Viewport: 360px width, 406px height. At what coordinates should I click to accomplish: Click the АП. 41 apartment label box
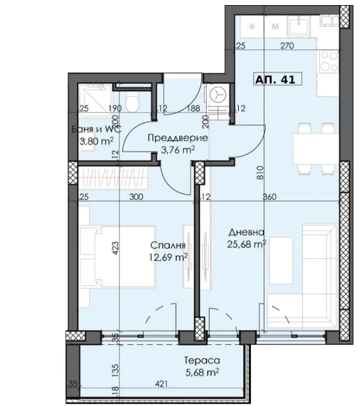[x=277, y=79]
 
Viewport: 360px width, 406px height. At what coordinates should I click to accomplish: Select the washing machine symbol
[x=218, y=95]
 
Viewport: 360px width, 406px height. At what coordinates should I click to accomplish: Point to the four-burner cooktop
[x=329, y=62]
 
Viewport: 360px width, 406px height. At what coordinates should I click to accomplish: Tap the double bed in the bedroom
[x=117, y=256]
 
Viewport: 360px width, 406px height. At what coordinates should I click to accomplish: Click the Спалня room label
[x=168, y=245]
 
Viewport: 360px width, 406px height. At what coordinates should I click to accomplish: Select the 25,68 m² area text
[x=246, y=244]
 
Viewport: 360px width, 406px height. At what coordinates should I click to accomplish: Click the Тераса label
[x=202, y=360]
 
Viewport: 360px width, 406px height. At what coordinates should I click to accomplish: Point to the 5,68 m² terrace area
[x=202, y=373]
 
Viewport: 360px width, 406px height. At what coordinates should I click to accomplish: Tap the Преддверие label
[x=178, y=137]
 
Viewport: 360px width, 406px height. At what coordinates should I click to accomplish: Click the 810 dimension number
[x=261, y=172]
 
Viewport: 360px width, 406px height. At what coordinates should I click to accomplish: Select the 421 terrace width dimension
[x=161, y=384]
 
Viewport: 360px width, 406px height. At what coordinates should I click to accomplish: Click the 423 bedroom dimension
[x=116, y=248]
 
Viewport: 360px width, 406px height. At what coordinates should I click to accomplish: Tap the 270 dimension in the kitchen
[x=287, y=46]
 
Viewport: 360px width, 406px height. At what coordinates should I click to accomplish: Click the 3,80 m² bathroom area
[x=96, y=141]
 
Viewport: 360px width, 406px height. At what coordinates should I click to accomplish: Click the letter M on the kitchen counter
[x=275, y=26]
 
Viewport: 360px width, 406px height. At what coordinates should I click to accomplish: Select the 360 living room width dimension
[x=270, y=197]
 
